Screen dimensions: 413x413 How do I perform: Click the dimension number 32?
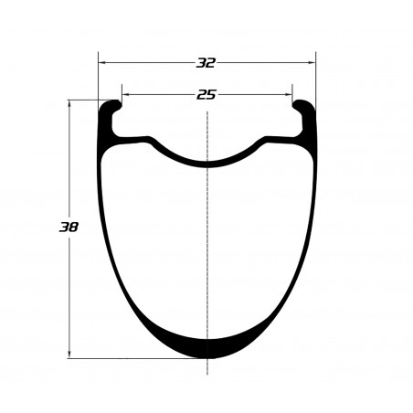(x=206, y=63)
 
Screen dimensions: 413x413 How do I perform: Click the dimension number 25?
(x=206, y=95)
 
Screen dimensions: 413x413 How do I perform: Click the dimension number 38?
(x=69, y=227)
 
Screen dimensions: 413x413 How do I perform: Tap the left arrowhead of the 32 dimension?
(x=102, y=63)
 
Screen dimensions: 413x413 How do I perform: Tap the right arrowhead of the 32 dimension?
(x=312, y=63)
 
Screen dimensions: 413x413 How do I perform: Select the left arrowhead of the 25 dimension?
(x=125, y=95)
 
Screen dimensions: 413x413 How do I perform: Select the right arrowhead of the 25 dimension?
(x=289, y=95)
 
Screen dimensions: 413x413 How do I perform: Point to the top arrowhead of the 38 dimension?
(x=69, y=104)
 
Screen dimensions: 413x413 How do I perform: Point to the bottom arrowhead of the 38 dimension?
(x=69, y=355)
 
